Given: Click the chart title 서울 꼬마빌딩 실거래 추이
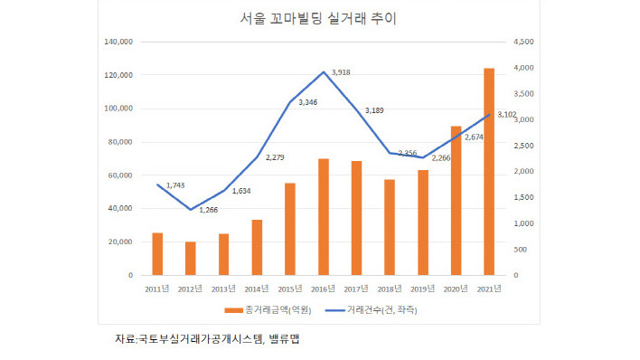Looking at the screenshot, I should coord(321,18).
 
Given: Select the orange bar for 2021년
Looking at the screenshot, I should coord(489,172).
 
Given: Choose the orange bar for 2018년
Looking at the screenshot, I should coord(390,227).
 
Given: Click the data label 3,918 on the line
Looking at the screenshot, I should coord(341,71).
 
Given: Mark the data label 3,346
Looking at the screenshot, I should coord(308,102).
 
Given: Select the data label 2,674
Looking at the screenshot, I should coord(474,137).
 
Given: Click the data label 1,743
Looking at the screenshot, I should coord(175,185).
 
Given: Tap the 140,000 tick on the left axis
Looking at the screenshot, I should coord(120,42).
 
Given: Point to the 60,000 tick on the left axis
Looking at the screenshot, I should coord(122,175).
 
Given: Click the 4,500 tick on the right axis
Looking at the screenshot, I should coord(524,42).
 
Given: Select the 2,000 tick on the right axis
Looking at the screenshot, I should coord(524,171).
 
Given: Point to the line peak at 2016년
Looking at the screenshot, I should coord(323,72).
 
